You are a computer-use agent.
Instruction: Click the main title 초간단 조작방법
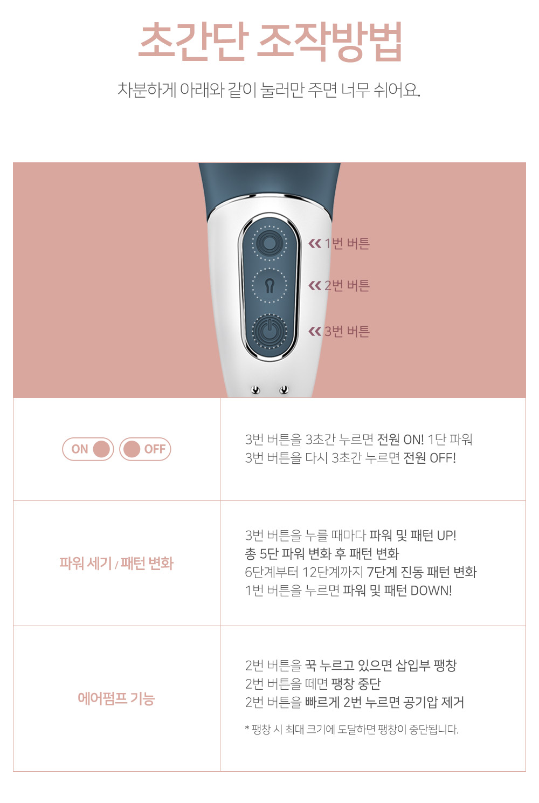click(x=270, y=41)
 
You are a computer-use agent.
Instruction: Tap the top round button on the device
click(x=269, y=244)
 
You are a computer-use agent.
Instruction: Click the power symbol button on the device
click(x=269, y=331)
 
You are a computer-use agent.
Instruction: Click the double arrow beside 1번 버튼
click(x=315, y=244)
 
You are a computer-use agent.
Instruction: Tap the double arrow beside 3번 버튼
click(x=315, y=331)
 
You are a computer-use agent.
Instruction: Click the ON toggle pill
click(x=88, y=449)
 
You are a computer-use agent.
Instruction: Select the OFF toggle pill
click(x=145, y=449)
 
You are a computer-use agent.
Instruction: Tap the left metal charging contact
click(x=255, y=390)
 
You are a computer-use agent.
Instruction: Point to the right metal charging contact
click(x=284, y=389)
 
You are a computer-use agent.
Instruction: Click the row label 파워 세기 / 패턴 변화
click(x=116, y=563)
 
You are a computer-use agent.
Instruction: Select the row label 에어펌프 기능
click(x=116, y=698)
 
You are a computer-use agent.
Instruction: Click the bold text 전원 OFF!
click(x=430, y=458)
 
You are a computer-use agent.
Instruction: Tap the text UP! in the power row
click(x=446, y=536)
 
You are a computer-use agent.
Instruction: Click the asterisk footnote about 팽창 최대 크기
click(x=351, y=730)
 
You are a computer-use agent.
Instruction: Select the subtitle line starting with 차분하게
click(x=269, y=90)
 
